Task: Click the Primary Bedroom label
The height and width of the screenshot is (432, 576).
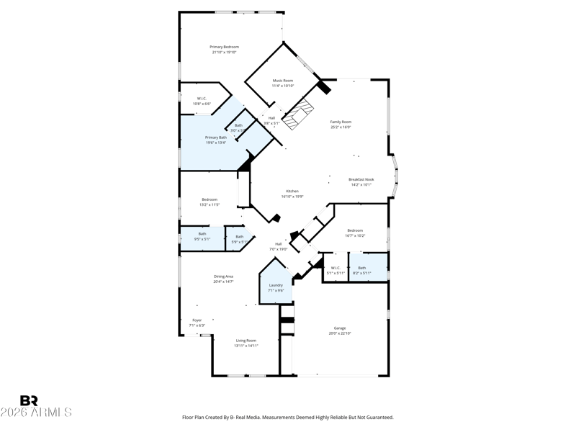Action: (x=225, y=47)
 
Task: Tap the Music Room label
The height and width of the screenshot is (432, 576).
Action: (x=283, y=81)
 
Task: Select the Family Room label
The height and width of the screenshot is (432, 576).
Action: (x=341, y=122)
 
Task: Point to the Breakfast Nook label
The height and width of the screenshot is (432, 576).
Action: (x=361, y=179)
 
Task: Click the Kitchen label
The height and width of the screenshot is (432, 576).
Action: (x=292, y=192)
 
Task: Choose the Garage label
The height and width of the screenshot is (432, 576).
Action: (x=340, y=328)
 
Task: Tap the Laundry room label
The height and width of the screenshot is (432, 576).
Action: (x=275, y=285)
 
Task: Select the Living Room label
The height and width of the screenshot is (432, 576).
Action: (x=246, y=341)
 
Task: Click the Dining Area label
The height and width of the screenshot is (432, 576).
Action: (x=223, y=276)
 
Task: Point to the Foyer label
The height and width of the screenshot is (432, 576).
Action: (x=197, y=320)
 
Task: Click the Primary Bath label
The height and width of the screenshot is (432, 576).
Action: (x=216, y=138)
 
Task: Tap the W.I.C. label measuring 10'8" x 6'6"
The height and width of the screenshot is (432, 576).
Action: (x=202, y=99)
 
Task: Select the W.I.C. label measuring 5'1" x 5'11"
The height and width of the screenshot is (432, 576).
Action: (x=336, y=268)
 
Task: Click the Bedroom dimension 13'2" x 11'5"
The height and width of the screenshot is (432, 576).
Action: (x=210, y=205)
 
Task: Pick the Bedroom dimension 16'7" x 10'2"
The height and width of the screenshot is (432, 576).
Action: (x=355, y=235)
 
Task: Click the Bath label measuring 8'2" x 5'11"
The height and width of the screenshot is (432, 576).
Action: (x=362, y=268)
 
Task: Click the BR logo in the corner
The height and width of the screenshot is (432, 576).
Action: (x=29, y=400)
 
